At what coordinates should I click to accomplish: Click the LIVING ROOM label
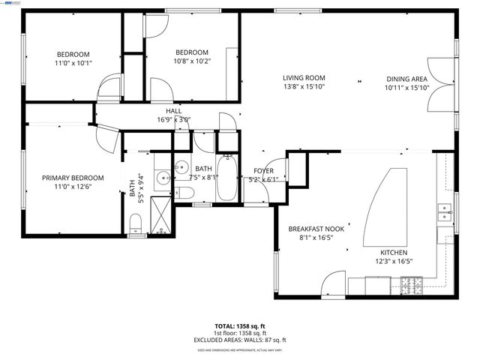(303, 78)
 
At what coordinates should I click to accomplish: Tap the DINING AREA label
(407, 78)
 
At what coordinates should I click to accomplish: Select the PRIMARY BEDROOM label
(72, 178)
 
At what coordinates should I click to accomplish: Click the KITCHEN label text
(394, 252)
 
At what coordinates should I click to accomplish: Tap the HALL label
(174, 111)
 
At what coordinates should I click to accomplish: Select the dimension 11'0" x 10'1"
(73, 63)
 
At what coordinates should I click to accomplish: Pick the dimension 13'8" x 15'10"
(303, 87)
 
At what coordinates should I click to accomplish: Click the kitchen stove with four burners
(411, 285)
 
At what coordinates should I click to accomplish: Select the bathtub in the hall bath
(226, 179)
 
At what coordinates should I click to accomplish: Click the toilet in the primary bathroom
(136, 222)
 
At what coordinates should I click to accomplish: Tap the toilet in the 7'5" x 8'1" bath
(184, 193)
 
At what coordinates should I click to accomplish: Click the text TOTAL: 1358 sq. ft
(239, 327)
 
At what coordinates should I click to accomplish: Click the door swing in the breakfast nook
(334, 283)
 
